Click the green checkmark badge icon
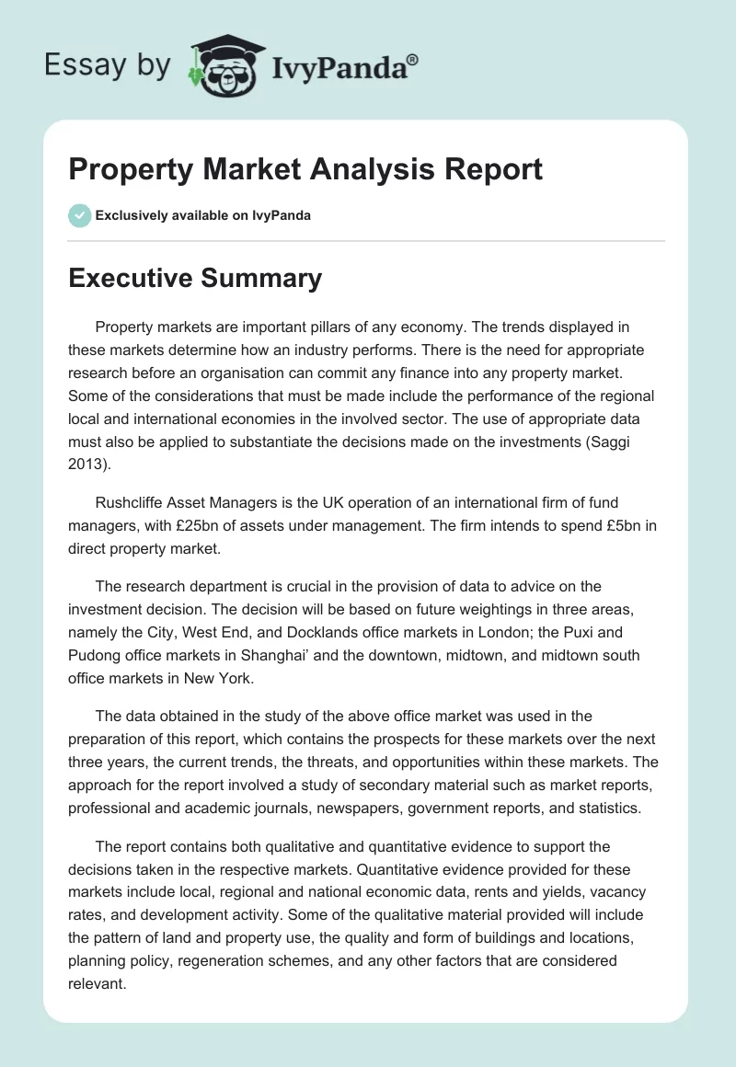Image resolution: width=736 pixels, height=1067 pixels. tap(79, 215)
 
